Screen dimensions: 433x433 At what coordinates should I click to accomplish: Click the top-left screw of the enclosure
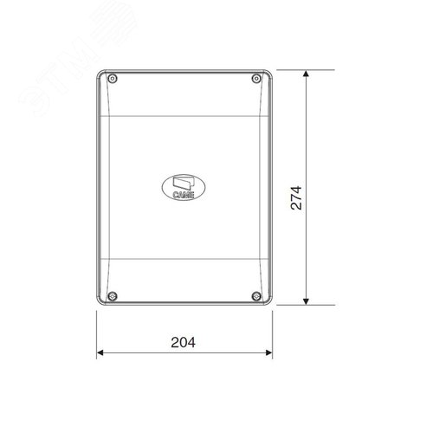click(113, 79)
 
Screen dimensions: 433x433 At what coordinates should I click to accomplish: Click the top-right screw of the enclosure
click(256, 79)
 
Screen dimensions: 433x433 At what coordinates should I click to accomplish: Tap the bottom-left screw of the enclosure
click(113, 296)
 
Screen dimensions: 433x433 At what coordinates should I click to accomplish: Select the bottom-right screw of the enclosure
click(256, 296)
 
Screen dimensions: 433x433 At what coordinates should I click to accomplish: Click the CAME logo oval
click(184, 187)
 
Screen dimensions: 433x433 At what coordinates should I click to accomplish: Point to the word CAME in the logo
click(184, 195)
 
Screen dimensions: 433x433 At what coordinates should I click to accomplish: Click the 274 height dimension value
click(296, 198)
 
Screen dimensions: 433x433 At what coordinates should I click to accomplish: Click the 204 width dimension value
click(183, 342)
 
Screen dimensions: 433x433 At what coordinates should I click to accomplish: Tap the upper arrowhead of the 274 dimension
click(307, 74)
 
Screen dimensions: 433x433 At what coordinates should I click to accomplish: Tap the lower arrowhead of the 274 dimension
click(307, 301)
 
